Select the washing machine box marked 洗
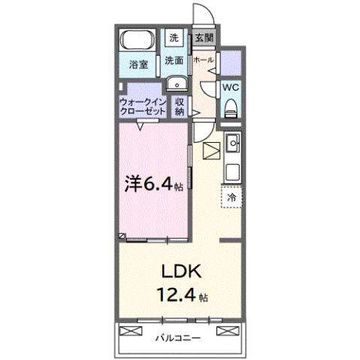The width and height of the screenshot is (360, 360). click(174, 37)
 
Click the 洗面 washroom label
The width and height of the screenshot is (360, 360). click(174, 60)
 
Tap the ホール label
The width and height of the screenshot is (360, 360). click(203, 60)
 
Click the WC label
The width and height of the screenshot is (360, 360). click(231, 86)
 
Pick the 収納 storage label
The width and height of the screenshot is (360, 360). click(180, 106)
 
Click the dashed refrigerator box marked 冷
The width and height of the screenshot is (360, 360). click(231, 196)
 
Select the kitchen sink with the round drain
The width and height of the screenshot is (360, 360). click(233, 141)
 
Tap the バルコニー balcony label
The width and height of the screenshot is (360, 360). click(179, 338)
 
